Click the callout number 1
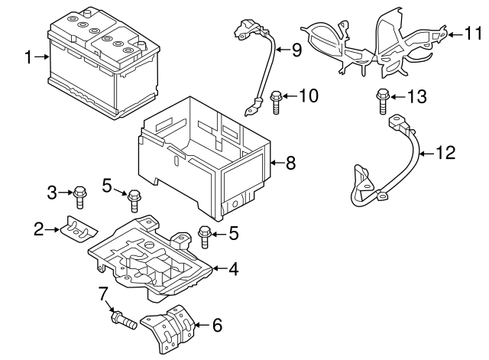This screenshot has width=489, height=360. point(28,57)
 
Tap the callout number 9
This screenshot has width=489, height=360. point(296,50)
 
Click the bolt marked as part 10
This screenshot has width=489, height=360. point(276,101)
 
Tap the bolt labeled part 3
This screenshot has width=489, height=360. point(80,196)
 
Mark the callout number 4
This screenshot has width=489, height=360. point(234,269)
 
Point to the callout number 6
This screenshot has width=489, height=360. point(217,326)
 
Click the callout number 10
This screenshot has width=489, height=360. point(307,96)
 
